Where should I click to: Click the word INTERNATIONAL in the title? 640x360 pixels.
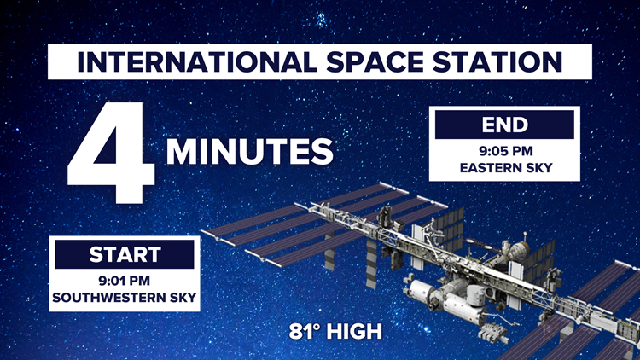point(180,64)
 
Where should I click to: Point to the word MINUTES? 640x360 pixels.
point(249,152)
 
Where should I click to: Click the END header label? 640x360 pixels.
point(505,125)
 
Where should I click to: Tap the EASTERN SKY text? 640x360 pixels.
point(505,167)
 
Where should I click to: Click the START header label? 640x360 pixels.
point(125,254)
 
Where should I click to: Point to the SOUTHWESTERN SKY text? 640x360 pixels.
point(125,297)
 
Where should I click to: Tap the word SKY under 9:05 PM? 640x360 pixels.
point(537,167)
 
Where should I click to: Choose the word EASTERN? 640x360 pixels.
point(490,167)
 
